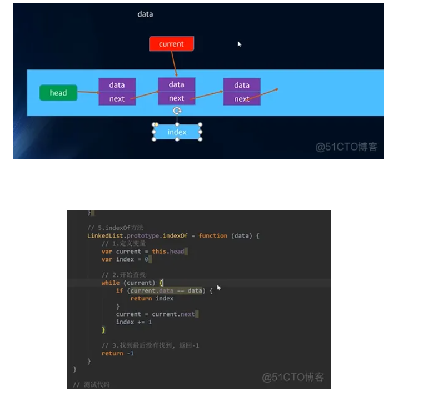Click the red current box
tap(171, 44)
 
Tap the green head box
tap(58, 93)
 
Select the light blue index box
tap(177, 132)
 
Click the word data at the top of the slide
tap(145, 14)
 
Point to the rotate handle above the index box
tap(177, 111)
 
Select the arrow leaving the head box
tap(88, 92)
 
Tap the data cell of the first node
tap(117, 85)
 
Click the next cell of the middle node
tap(176, 98)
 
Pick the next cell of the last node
tap(241, 99)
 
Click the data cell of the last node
tap(242, 85)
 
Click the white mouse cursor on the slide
tap(240, 44)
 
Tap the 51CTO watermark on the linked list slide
tap(346, 147)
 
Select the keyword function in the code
tap(213, 236)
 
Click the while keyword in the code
tap(110, 283)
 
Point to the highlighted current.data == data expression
tap(166, 290)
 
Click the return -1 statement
tap(117, 353)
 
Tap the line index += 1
tap(134, 322)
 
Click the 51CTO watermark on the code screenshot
tap(292, 377)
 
